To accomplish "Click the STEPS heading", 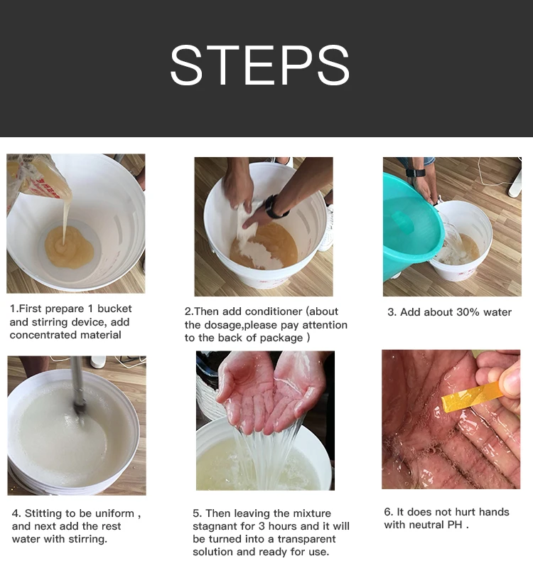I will pos(260,65).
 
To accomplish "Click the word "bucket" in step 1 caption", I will pos(114,309).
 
